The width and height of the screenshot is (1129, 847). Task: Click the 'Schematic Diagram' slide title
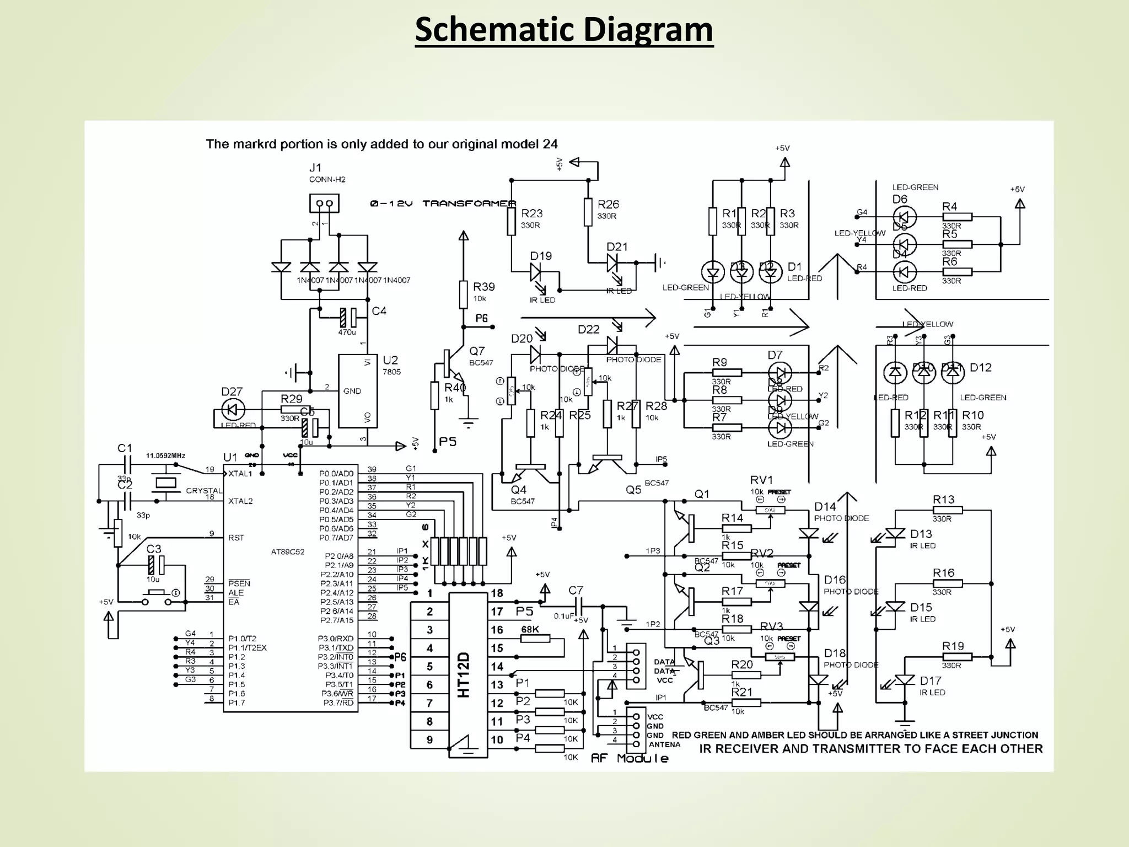(564, 30)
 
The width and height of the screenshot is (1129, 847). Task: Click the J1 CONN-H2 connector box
(324, 203)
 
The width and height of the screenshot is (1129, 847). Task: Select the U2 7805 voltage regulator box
(358, 392)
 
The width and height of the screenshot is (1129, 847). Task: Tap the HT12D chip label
(464, 675)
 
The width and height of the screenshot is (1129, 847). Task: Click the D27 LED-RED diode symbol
(232, 410)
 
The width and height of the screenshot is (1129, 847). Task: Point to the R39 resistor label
(483, 287)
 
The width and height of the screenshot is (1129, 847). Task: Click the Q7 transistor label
(477, 351)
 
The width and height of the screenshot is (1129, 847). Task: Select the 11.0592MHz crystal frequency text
(165, 455)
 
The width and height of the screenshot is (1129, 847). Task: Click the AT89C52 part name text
(287, 551)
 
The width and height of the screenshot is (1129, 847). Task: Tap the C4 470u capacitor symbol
(348, 318)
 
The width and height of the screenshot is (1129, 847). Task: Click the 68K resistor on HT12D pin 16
(535, 639)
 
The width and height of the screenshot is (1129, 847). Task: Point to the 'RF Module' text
(629, 758)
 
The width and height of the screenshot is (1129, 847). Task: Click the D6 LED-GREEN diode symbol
(904, 217)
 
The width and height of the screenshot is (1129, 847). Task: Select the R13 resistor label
(943, 500)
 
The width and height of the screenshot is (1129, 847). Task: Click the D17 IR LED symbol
(904, 680)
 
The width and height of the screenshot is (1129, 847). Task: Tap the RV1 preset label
(761, 480)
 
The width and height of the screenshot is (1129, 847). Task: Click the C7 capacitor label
(576, 591)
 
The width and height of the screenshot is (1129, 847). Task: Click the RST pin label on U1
(236, 538)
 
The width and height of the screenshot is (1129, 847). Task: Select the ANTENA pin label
(664, 744)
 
